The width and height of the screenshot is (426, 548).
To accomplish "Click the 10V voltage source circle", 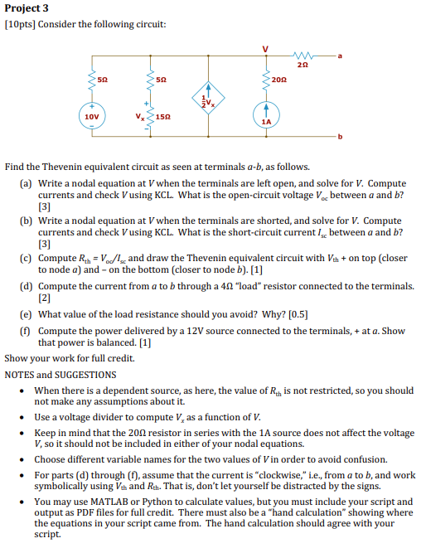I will [91, 117].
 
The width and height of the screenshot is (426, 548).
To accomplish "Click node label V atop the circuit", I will [266, 47].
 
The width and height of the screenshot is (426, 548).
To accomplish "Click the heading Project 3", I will [25, 8].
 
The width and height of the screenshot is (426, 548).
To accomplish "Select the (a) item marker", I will [26, 182].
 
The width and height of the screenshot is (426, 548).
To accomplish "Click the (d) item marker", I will [26, 285].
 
